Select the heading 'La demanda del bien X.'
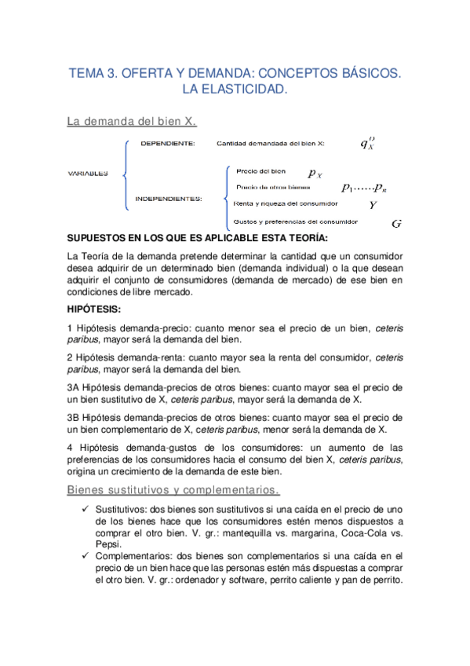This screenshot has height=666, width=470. (131, 122)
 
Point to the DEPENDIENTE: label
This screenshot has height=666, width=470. (169, 144)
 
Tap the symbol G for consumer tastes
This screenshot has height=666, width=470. (395, 224)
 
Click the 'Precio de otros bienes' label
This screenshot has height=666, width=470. (272, 187)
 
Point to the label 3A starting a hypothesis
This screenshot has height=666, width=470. (75, 387)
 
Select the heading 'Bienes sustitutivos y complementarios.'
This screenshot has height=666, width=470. (173, 491)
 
